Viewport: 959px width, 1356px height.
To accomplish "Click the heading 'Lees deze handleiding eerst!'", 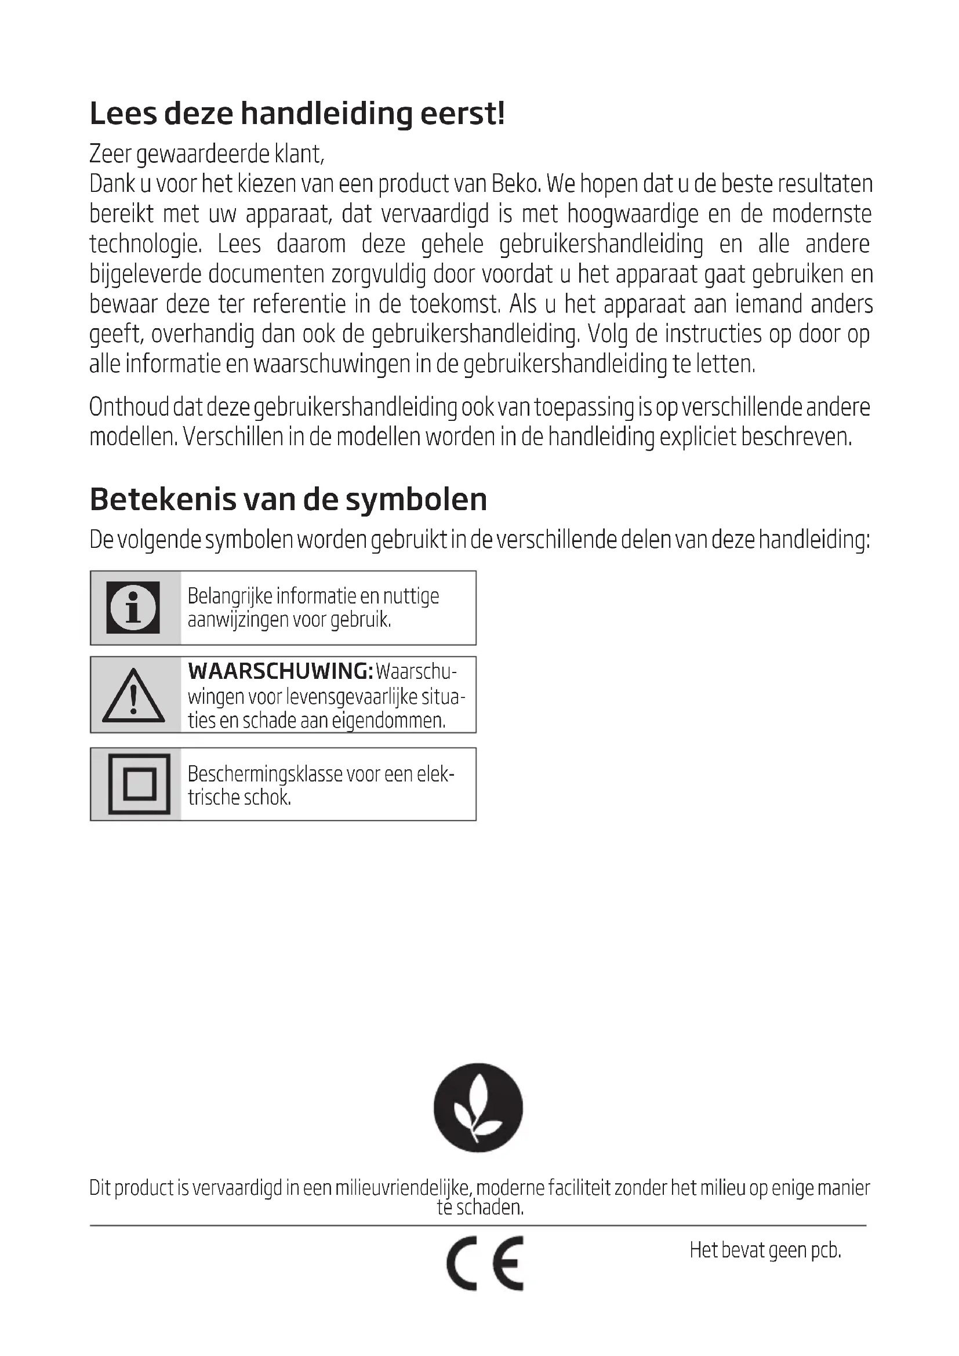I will click(297, 114).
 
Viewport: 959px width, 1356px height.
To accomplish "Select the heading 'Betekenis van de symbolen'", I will click(288, 499).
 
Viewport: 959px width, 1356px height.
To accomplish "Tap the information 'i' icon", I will click(133, 608).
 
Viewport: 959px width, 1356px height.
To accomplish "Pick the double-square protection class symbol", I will click(139, 784).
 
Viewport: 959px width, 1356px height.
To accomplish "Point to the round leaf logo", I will click(478, 1107).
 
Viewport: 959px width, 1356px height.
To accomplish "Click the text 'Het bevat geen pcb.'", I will click(765, 1250).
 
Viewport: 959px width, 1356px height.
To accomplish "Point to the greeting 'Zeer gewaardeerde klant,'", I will click(206, 154).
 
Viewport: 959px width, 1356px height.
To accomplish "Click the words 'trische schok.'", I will click(239, 797).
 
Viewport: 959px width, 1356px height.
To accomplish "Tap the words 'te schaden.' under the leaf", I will click(480, 1207).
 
